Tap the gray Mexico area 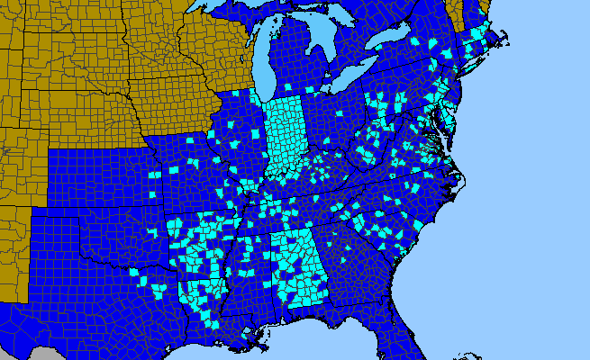pyautogui.click(x=18, y=354)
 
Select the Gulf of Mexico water pyautogui.click(x=297, y=346)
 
